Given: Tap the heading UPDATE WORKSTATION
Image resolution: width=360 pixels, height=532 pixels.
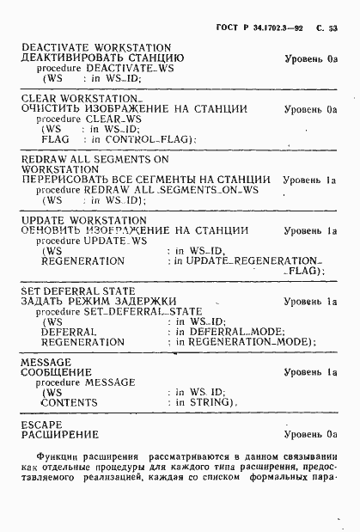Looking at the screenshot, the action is point(88,221).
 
